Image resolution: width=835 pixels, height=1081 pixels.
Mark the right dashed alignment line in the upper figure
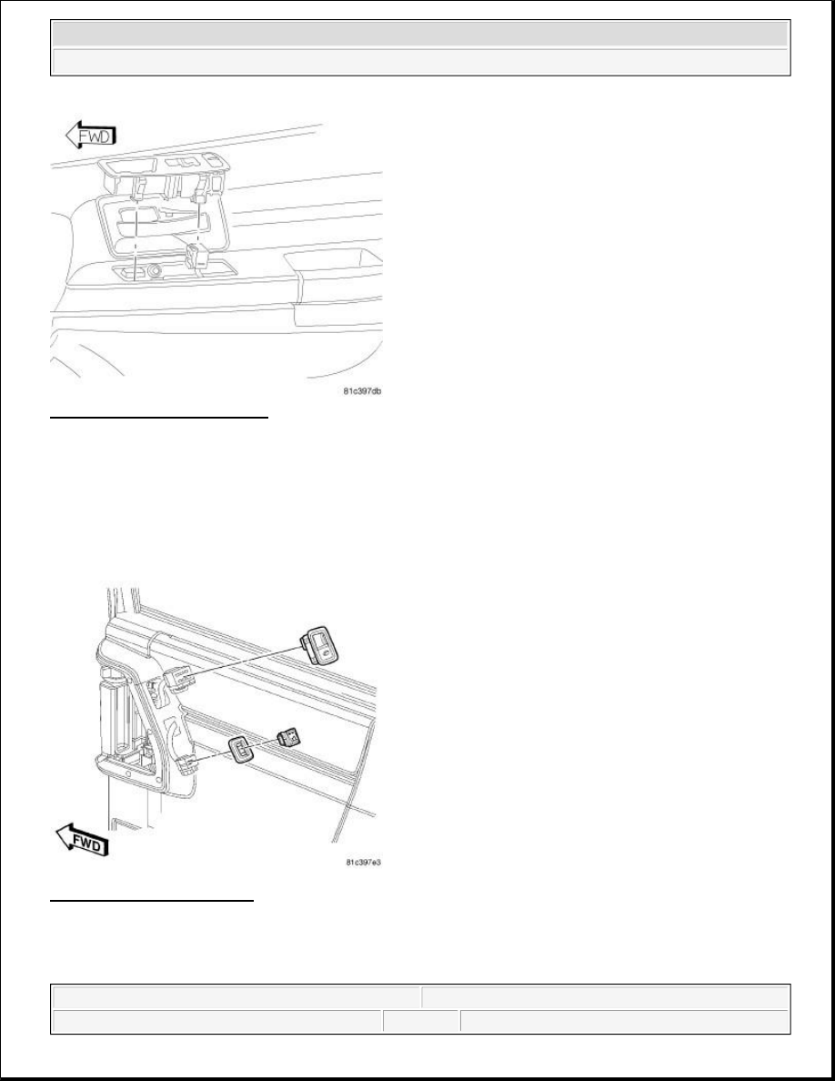(198, 218)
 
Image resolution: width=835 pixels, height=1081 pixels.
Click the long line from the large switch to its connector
(246, 661)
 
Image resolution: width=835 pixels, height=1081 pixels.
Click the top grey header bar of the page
(419, 34)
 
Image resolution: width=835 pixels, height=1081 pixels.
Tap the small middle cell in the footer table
(420, 1021)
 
